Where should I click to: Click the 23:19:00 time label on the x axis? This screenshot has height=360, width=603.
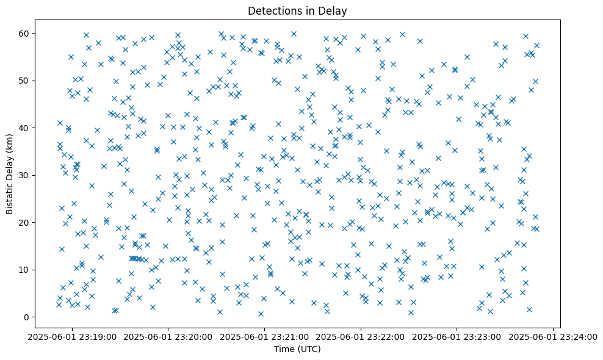point(73,337)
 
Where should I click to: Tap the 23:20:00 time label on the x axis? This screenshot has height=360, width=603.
point(168,337)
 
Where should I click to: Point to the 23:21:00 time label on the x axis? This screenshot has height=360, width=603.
point(265,337)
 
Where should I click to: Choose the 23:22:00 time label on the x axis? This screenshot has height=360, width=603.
point(361,337)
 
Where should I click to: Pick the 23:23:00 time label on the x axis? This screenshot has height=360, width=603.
point(457,337)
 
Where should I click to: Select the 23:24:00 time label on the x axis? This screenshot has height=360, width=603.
point(553,337)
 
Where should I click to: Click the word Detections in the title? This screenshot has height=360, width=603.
point(271,10)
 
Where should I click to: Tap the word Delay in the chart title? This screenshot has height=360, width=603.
point(333,10)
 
